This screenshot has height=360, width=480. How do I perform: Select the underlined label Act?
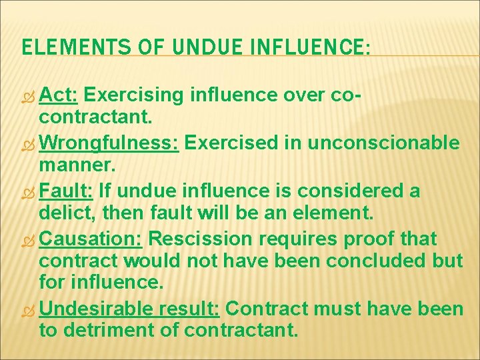(x=59, y=96)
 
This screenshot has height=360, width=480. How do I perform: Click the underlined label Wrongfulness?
(x=109, y=143)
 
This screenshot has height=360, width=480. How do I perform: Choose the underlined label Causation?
(x=91, y=239)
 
